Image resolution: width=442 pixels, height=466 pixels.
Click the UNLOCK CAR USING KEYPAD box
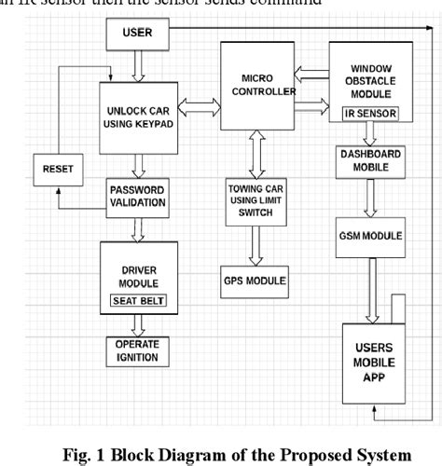[136, 117]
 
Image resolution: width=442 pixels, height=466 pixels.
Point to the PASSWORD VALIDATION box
[136, 197]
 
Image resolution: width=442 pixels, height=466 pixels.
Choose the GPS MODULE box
[255, 280]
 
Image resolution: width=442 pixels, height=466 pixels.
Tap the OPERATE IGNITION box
[136, 349]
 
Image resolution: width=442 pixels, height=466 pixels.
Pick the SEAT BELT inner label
[137, 299]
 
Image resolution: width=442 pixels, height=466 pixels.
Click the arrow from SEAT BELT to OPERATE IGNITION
[136, 323]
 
